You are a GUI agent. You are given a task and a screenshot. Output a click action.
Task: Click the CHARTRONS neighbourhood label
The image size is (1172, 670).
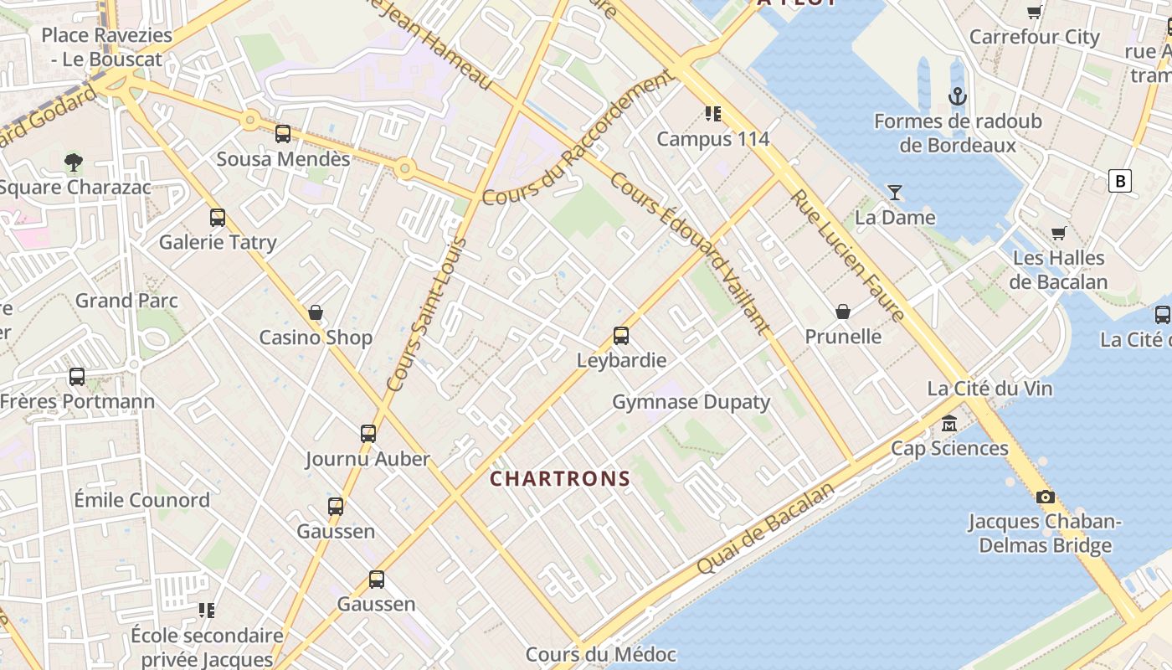tap(560, 479)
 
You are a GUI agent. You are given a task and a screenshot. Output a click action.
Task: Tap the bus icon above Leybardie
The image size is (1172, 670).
tap(621, 336)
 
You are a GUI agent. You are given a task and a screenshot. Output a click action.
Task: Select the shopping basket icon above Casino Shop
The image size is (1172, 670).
tap(316, 312)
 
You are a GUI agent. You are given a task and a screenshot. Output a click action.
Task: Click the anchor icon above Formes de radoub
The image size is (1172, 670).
tap(958, 96)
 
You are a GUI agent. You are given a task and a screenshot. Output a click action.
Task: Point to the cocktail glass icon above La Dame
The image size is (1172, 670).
tap(895, 193)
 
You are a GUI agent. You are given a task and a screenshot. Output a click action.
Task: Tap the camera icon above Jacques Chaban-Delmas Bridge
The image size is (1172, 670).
tap(1045, 497)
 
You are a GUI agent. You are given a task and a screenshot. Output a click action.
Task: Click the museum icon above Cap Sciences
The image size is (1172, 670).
tap(949, 423)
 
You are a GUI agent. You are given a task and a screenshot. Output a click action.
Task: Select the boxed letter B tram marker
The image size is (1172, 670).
tap(1119, 181)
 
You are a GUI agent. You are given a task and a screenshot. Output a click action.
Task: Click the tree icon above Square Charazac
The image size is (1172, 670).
tap(74, 162)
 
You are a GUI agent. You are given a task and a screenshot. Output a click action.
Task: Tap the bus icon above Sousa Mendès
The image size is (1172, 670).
tap(283, 134)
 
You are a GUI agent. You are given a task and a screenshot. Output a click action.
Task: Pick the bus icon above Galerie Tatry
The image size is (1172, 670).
tap(218, 218)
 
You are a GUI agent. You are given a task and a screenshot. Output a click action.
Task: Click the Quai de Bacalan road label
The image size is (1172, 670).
tap(766, 528)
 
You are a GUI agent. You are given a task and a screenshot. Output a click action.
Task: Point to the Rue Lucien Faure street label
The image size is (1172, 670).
tap(848, 255)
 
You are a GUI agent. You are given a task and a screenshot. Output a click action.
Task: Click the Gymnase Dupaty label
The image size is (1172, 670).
tap(691, 402)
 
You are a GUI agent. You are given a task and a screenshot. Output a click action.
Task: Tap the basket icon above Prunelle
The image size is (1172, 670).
tap(843, 312)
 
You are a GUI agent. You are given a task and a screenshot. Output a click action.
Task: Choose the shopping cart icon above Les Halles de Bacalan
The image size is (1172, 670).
tap(1059, 233)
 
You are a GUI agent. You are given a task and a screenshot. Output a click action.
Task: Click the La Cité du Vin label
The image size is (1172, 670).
tap(990, 389)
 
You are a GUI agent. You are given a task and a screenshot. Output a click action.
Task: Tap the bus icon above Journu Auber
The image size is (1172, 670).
tap(368, 434)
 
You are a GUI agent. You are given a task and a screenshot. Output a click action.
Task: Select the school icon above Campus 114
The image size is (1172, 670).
tap(712, 113)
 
